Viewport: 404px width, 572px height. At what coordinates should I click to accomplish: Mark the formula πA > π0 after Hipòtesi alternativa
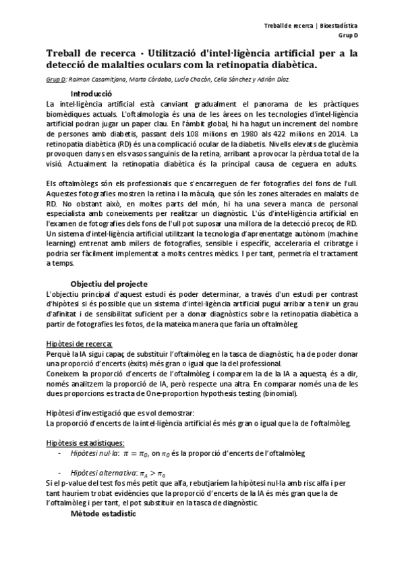(x=153, y=474)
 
